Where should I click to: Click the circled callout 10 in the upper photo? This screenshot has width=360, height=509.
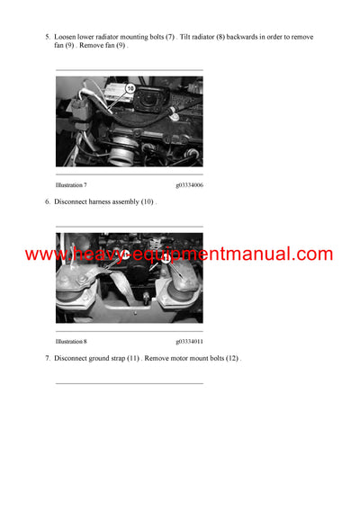click(x=130, y=88)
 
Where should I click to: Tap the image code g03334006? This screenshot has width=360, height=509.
click(x=189, y=183)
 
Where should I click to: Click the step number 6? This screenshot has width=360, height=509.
click(x=47, y=202)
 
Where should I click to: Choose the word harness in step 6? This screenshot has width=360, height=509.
click(x=105, y=202)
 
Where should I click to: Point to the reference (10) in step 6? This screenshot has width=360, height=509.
click(x=147, y=202)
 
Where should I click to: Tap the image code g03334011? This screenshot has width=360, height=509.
click(x=189, y=342)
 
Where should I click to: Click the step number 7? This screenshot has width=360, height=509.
click(x=47, y=359)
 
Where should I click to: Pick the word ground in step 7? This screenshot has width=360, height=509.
click(x=103, y=359)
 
